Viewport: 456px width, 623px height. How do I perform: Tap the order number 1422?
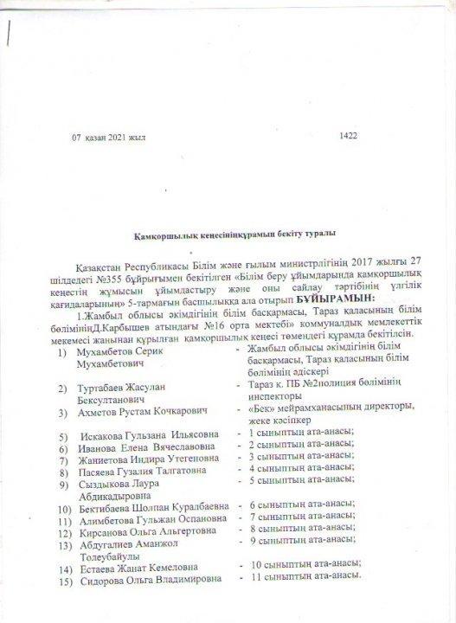click(x=349, y=135)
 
